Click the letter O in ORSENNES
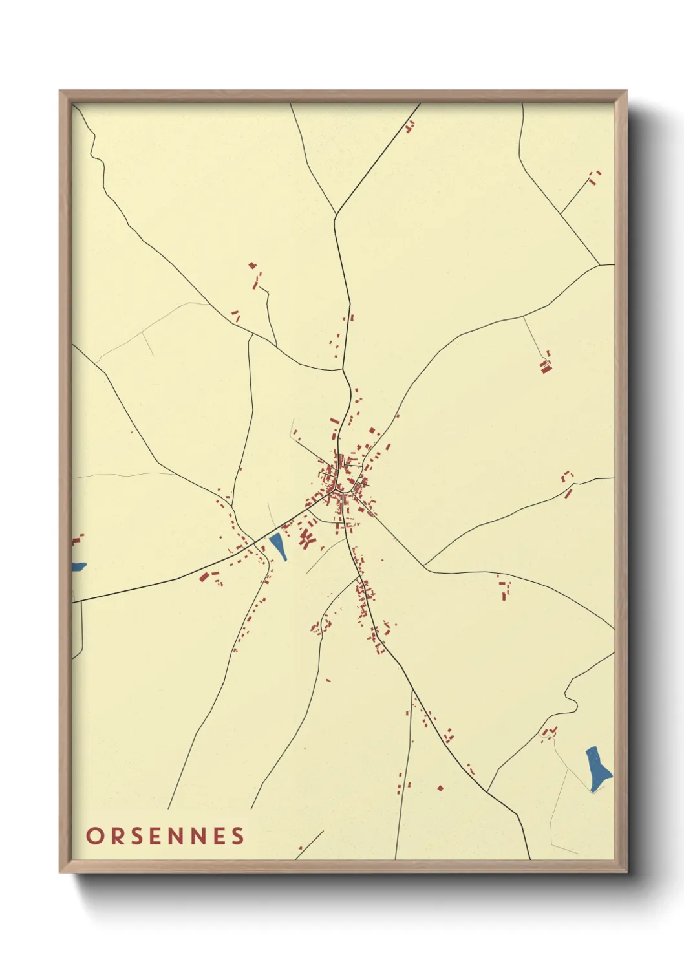pyautogui.click(x=94, y=836)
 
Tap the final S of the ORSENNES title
pyautogui.click(x=239, y=836)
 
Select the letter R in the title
pyautogui.click(x=115, y=836)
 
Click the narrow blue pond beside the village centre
pyautogui.click(x=279, y=546)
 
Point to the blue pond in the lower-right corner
pyautogui.click(x=597, y=766)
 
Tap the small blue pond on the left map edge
pyautogui.click(x=78, y=566)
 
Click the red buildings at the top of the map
pyautogui.click(x=409, y=126)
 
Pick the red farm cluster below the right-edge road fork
pyautogui.click(x=546, y=365)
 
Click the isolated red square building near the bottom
pyautogui.click(x=440, y=788)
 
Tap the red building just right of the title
pyautogui.click(x=300, y=848)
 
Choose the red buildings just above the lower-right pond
pyautogui.click(x=550, y=733)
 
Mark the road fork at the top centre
pyautogui.click(x=336, y=215)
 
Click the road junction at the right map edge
pyautogui.click(x=601, y=265)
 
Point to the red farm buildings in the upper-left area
pyautogui.click(x=257, y=278)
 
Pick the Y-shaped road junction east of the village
pyautogui.click(x=424, y=566)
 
